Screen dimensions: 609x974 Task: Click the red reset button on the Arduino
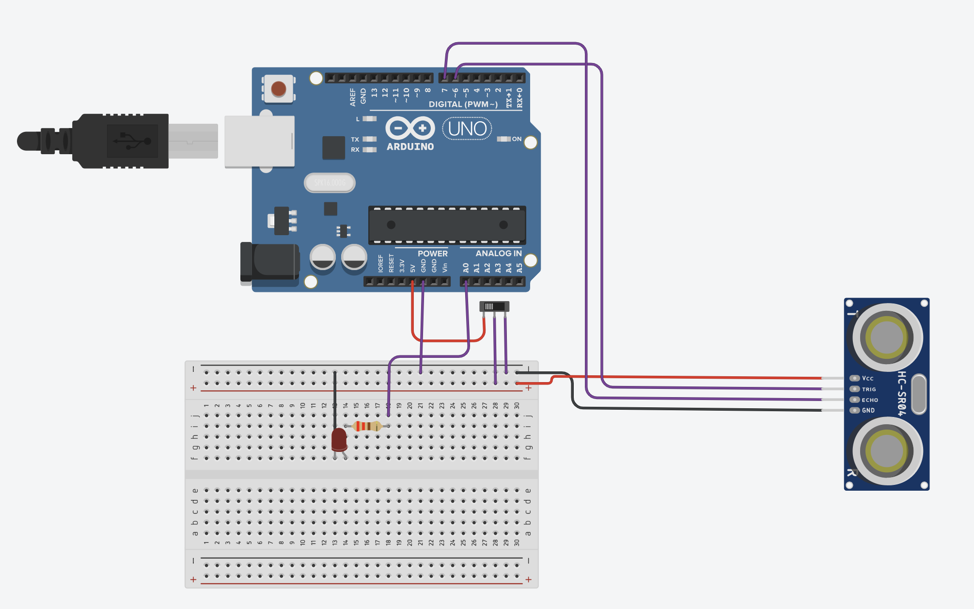click(x=279, y=89)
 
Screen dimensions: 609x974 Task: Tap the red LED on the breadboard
click(x=339, y=439)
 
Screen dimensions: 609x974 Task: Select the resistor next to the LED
click(x=367, y=426)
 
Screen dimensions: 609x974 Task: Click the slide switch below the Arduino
click(x=494, y=306)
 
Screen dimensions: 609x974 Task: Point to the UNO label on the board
click(x=467, y=129)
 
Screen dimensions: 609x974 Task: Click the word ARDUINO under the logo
click(x=410, y=146)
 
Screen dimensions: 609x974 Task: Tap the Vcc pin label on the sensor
click(x=867, y=378)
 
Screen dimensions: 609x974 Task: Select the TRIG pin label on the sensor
click(x=869, y=389)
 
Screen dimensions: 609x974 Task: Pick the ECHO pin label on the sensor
click(x=870, y=400)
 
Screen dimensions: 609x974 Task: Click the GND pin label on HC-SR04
click(x=868, y=410)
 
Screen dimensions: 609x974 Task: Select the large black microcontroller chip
click(x=447, y=225)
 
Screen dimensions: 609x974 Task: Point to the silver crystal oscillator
click(x=330, y=183)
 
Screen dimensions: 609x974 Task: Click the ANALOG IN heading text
click(x=498, y=253)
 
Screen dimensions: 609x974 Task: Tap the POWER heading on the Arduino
click(x=432, y=253)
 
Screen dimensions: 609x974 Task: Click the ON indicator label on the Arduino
click(x=517, y=139)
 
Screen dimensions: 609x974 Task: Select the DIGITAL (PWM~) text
click(x=463, y=104)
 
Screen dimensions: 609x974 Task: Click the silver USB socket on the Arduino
click(x=259, y=141)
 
